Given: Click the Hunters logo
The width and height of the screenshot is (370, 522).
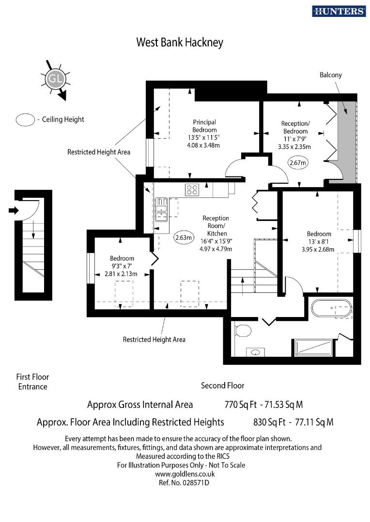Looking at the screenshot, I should [339, 11].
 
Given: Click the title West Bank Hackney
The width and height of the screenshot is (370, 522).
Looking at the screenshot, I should [179, 43].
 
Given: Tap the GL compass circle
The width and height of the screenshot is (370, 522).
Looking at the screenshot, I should [53, 78].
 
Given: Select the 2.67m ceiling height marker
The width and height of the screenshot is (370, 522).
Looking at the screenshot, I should [298, 163].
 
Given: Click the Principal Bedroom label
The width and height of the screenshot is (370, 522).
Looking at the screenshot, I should [204, 126].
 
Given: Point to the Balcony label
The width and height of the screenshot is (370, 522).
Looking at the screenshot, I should [330, 75].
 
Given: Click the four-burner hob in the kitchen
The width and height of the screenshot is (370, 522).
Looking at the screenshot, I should [192, 190].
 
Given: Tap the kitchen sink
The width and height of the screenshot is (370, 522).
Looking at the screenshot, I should [161, 209].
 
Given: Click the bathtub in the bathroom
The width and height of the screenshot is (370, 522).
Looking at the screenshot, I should [331, 308].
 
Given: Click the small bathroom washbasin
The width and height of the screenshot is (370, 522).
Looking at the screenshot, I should [255, 352].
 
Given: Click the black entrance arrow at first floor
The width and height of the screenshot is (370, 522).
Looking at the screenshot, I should [13, 210].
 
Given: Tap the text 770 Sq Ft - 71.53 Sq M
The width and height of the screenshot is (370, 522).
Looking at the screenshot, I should [264, 405].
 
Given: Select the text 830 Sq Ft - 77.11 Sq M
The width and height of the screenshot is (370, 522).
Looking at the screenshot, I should [293, 422].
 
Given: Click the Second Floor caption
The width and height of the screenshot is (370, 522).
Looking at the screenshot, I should [222, 386].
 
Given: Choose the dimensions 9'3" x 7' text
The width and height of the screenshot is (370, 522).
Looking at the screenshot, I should [121, 266].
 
